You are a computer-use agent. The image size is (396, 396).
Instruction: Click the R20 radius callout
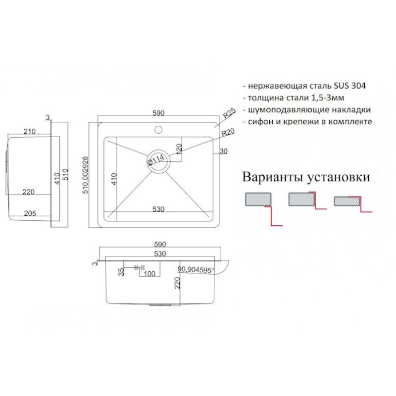[227, 133]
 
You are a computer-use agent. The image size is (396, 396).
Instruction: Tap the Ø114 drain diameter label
[155, 160]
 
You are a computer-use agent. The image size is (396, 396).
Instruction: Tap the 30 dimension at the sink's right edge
[224, 152]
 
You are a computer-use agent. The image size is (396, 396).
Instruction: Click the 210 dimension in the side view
[29, 131]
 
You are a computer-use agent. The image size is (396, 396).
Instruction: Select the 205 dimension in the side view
[29, 213]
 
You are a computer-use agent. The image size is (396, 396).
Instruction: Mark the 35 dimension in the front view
[121, 271]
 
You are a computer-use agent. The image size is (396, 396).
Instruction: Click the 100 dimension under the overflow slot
[149, 273]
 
